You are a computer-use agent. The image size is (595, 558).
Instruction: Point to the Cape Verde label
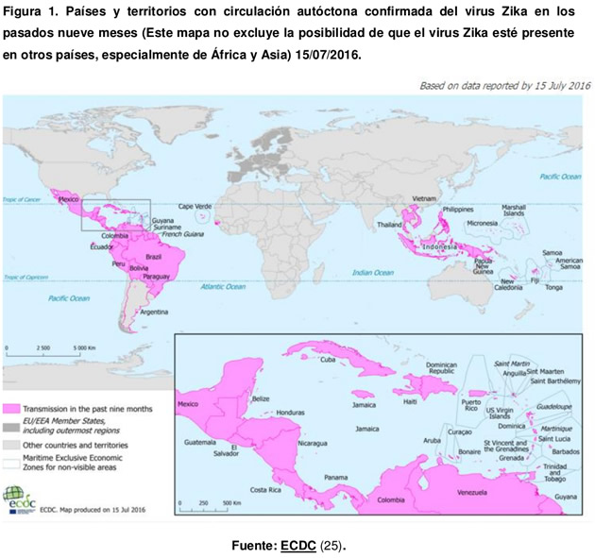click(x=195, y=206)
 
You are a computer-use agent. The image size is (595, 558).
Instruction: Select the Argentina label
click(x=155, y=311)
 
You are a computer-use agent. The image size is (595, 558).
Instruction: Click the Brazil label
click(x=154, y=256)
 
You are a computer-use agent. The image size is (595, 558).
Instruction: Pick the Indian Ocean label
click(x=372, y=273)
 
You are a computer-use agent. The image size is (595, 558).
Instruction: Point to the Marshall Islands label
click(x=514, y=210)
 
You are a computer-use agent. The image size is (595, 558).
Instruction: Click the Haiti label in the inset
click(x=410, y=401)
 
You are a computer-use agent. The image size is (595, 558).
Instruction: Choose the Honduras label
click(x=291, y=412)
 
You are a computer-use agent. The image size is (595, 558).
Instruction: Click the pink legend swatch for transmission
click(x=12, y=409)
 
